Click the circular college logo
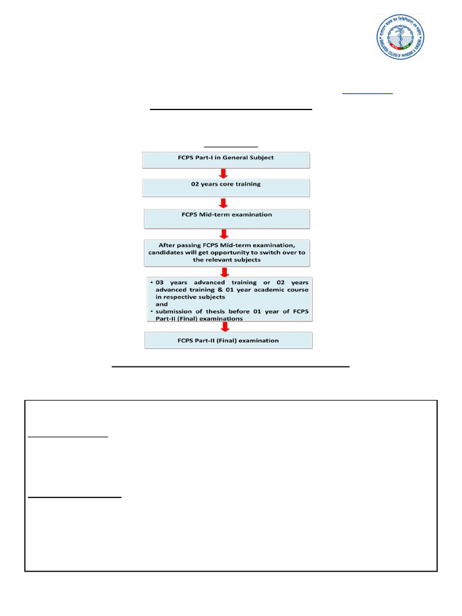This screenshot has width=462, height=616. (400, 37)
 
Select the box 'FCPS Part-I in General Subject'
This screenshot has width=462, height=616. (226, 160)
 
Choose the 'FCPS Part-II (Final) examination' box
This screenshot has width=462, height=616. (228, 340)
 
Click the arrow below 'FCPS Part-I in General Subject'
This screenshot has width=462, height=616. (224, 173)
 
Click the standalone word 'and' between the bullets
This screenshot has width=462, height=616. (162, 304)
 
